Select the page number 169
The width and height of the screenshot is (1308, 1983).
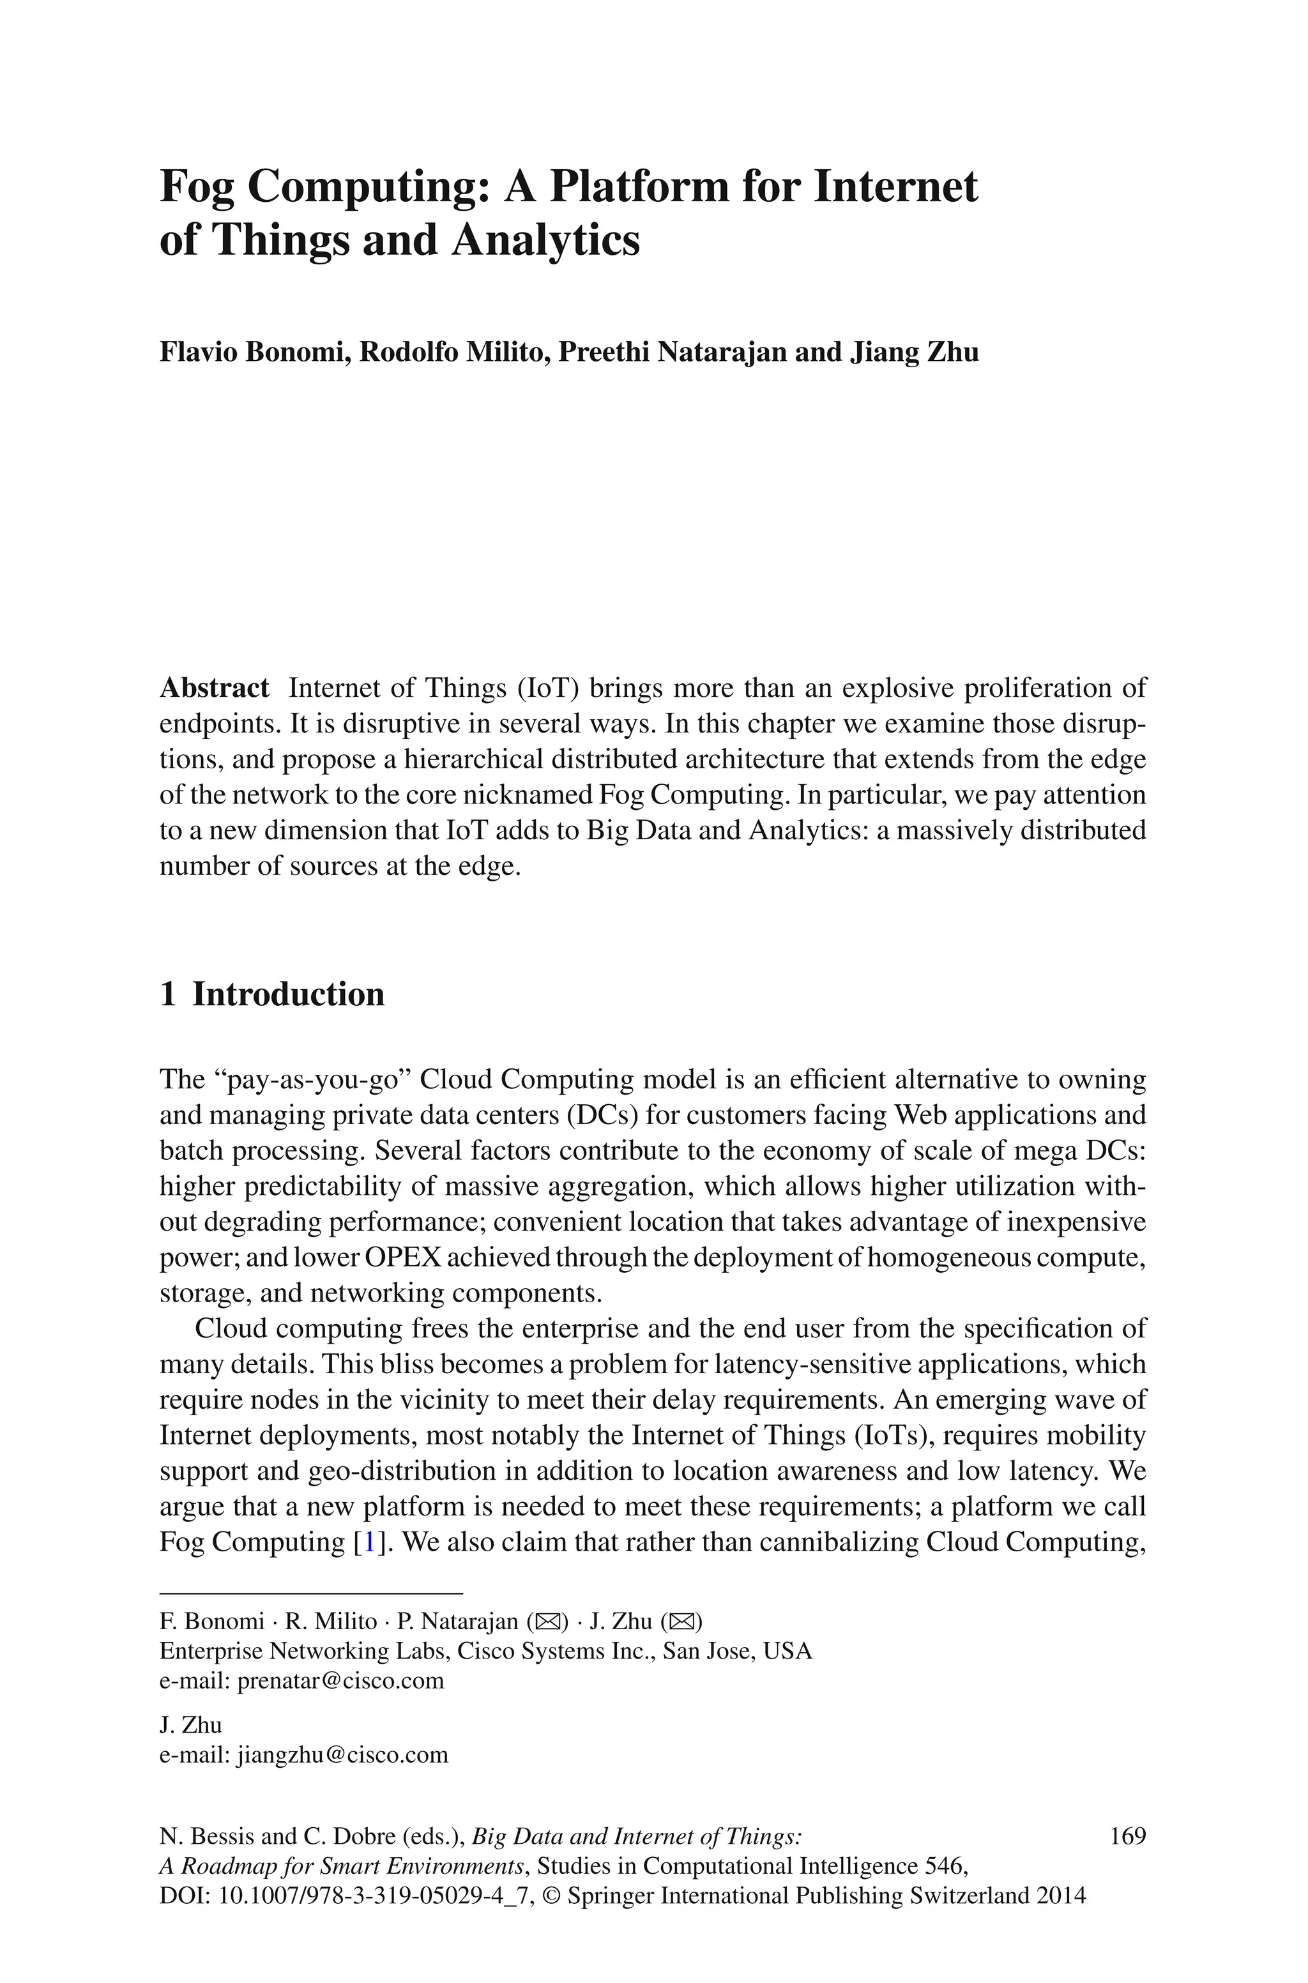1128,1837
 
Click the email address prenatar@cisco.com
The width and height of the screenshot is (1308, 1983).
340,1680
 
